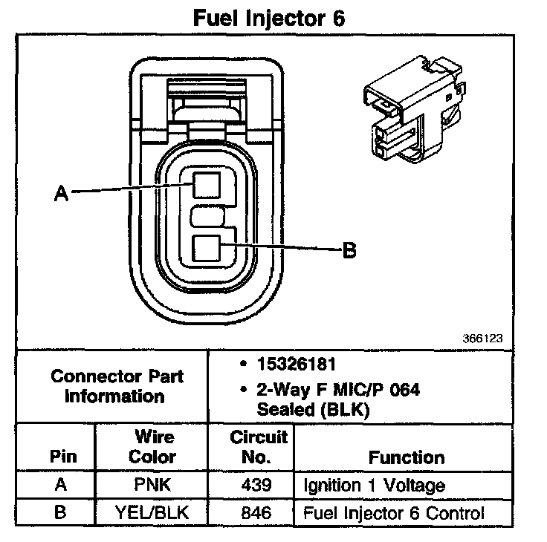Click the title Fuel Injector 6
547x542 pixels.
click(268, 19)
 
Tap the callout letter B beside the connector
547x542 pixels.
click(349, 250)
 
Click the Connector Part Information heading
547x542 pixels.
click(117, 386)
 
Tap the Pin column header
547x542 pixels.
click(62, 457)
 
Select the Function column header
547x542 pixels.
click(407, 457)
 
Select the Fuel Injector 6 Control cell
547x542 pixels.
click(394, 512)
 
